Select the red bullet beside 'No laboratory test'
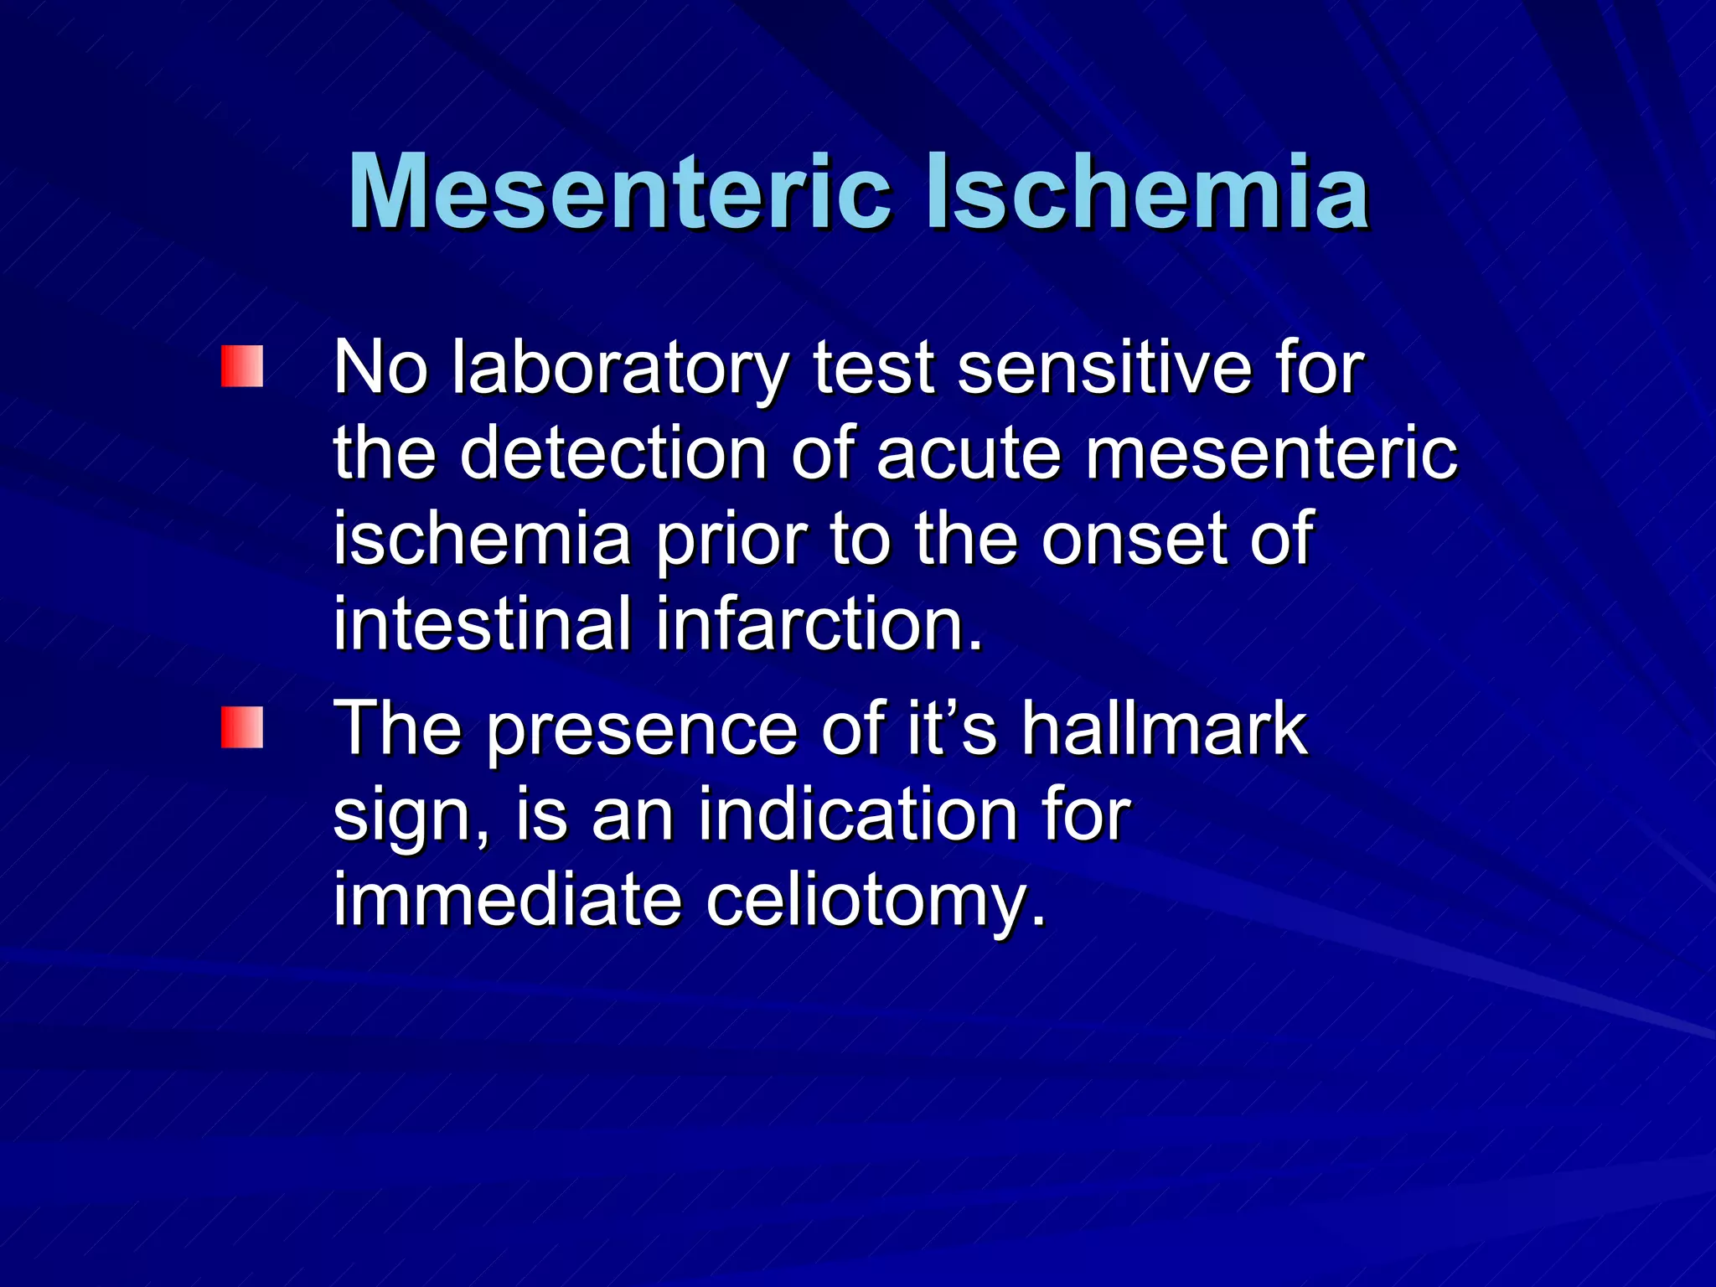242,366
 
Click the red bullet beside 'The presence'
242,726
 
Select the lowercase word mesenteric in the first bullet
1271,455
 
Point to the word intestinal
483,624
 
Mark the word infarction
819,624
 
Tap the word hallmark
1164,728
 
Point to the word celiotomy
876,903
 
